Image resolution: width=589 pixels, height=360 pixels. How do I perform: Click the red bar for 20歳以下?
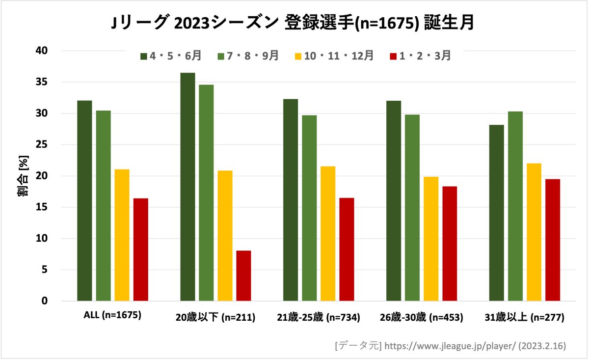pyautogui.click(x=243, y=276)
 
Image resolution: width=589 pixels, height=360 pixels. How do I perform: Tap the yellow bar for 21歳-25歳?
pyautogui.click(x=328, y=233)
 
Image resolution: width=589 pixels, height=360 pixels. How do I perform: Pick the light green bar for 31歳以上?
pyautogui.click(x=515, y=206)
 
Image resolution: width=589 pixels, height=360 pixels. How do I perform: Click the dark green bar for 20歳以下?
pyautogui.click(x=187, y=187)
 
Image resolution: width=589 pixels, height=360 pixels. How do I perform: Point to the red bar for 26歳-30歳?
pyautogui.click(x=450, y=244)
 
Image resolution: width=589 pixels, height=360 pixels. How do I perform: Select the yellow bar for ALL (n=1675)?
pyautogui.click(x=122, y=235)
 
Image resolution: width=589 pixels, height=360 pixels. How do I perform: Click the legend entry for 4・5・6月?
pyautogui.click(x=170, y=56)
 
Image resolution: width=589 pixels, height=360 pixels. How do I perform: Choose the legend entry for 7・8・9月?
pyautogui.click(x=248, y=56)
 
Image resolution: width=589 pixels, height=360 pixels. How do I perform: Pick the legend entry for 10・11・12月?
pyautogui.click(x=334, y=56)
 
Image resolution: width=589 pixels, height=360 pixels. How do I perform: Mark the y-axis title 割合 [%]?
pyautogui.click(x=23, y=176)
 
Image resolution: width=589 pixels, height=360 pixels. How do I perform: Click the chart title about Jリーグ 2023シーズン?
pyautogui.click(x=293, y=23)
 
